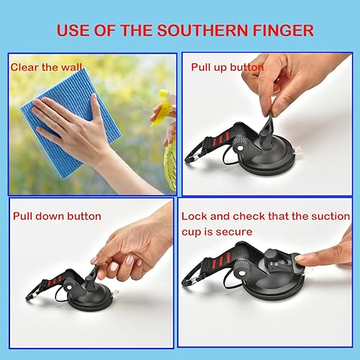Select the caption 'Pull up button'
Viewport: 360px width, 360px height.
coord(227,67)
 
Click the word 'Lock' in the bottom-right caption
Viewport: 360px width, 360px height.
coord(194,215)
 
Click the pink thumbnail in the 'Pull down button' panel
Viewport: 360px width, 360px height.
coord(112,267)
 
